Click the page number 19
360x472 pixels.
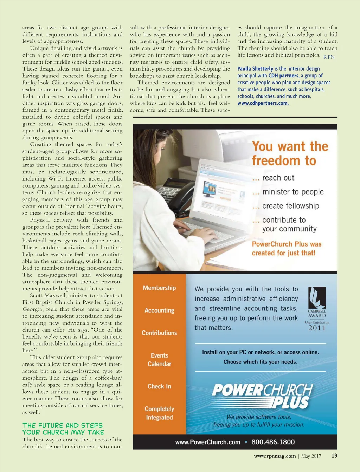334,455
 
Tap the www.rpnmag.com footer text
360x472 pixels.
275,456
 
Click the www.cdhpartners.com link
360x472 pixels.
263,103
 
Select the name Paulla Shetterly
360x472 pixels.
255,69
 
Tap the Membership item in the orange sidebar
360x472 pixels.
159,288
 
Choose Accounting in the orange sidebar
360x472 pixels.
159,310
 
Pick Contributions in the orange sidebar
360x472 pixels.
159,333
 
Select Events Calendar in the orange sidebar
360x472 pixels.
159,360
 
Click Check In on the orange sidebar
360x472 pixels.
159,386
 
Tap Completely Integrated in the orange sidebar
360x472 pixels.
159,413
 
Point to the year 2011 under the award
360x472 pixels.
317,328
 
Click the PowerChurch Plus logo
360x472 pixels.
262,396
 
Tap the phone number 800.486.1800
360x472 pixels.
273,442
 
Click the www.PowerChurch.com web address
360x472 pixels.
208,442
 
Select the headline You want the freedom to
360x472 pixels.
290,153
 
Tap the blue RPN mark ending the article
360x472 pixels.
329,57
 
